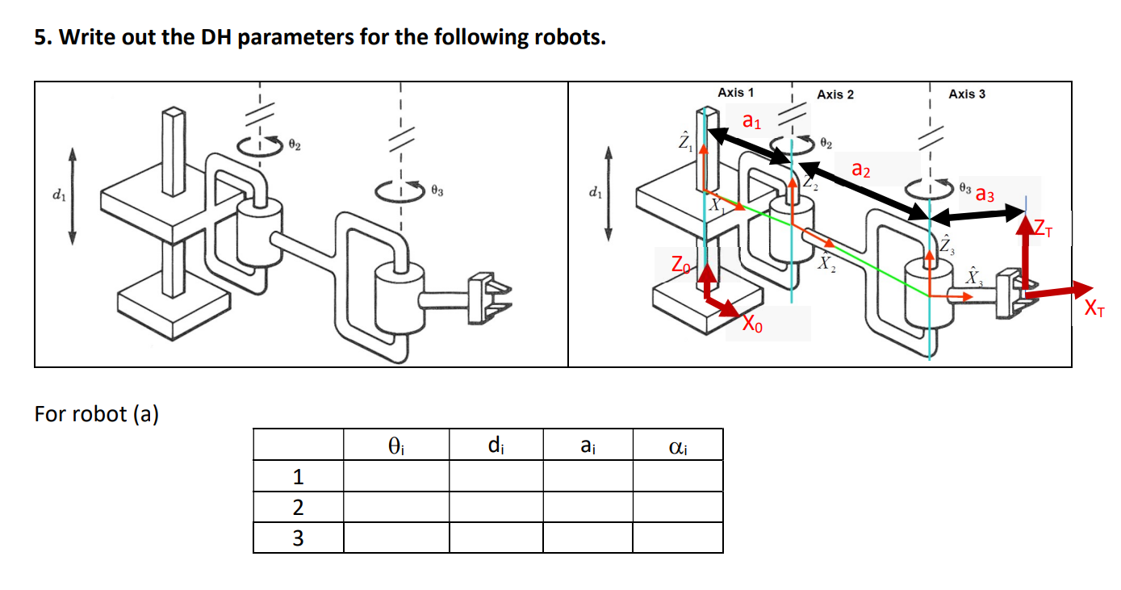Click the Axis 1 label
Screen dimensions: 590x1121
(735, 93)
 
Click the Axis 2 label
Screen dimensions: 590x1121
(834, 94)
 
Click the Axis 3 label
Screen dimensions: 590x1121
(967, 94)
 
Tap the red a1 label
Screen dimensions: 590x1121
(751, 123)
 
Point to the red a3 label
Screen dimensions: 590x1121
(985, 195)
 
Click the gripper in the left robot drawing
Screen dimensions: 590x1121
(487, 292)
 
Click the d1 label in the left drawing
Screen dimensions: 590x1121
(56, 195)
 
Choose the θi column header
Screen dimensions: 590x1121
(395, 445)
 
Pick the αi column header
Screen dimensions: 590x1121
(677, 445)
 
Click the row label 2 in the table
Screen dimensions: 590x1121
(298, 508)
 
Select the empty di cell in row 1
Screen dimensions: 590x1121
(496, 476)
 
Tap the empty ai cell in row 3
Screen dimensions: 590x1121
(587, 538)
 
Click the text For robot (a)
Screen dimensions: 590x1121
(96, 414)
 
